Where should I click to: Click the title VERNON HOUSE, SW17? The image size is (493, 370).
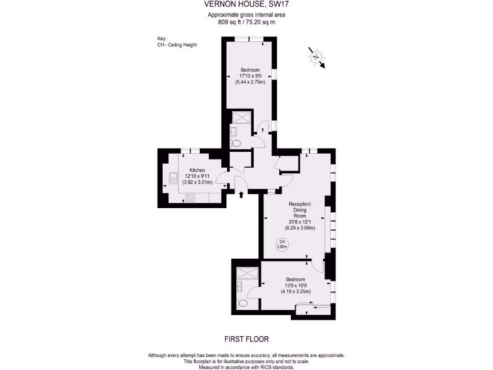(x=246, y=4)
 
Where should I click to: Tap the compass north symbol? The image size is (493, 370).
(x=316, y=57)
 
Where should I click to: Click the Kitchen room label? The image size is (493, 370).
(x=197, y=170)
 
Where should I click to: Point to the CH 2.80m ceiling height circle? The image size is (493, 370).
(x=282, y=244)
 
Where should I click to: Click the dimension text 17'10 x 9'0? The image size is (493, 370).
(x=250, y=76)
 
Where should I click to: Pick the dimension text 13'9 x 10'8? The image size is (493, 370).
(x=296, y=285)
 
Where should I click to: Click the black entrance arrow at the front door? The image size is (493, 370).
(x=241, y=194)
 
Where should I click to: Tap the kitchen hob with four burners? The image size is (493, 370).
(x=190, y=197)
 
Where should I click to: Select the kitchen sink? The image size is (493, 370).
(x=173, y=179)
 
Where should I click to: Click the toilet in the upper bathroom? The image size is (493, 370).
(x=236, y=143)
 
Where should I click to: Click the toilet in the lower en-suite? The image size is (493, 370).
(x=242, y=303)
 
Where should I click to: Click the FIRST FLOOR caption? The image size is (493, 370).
(x=246, y=339)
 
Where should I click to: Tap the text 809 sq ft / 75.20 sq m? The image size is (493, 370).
(x=246, y=22)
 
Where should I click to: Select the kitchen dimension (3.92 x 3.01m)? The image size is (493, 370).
(x=197, y=182)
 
